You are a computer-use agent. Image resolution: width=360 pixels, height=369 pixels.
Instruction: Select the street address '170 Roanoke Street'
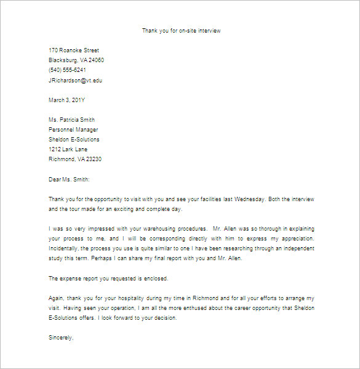point(74,50)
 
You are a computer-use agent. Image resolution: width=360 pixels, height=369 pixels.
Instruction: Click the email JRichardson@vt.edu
point(76,80)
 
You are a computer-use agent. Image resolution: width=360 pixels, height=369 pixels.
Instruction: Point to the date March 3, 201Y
point(67,100)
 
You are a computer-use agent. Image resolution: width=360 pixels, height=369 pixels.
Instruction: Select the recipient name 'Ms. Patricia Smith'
point(71,119)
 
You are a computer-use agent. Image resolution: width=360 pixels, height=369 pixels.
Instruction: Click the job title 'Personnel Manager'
point(73,129)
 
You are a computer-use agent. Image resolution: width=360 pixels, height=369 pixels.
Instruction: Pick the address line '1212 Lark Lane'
point(68,149)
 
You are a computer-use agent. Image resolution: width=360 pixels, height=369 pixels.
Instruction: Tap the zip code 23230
point(92,159)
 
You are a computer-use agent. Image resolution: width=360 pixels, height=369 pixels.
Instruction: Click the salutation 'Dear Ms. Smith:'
point(69,179)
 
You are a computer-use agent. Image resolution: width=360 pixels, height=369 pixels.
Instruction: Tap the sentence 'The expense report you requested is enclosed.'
point(108,278)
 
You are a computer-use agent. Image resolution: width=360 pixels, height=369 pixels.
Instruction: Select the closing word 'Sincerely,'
point(62,338)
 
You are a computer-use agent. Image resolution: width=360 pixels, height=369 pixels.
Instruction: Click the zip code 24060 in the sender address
point(95,60)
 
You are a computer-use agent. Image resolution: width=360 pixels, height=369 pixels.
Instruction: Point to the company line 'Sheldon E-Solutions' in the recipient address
point(74,139)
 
